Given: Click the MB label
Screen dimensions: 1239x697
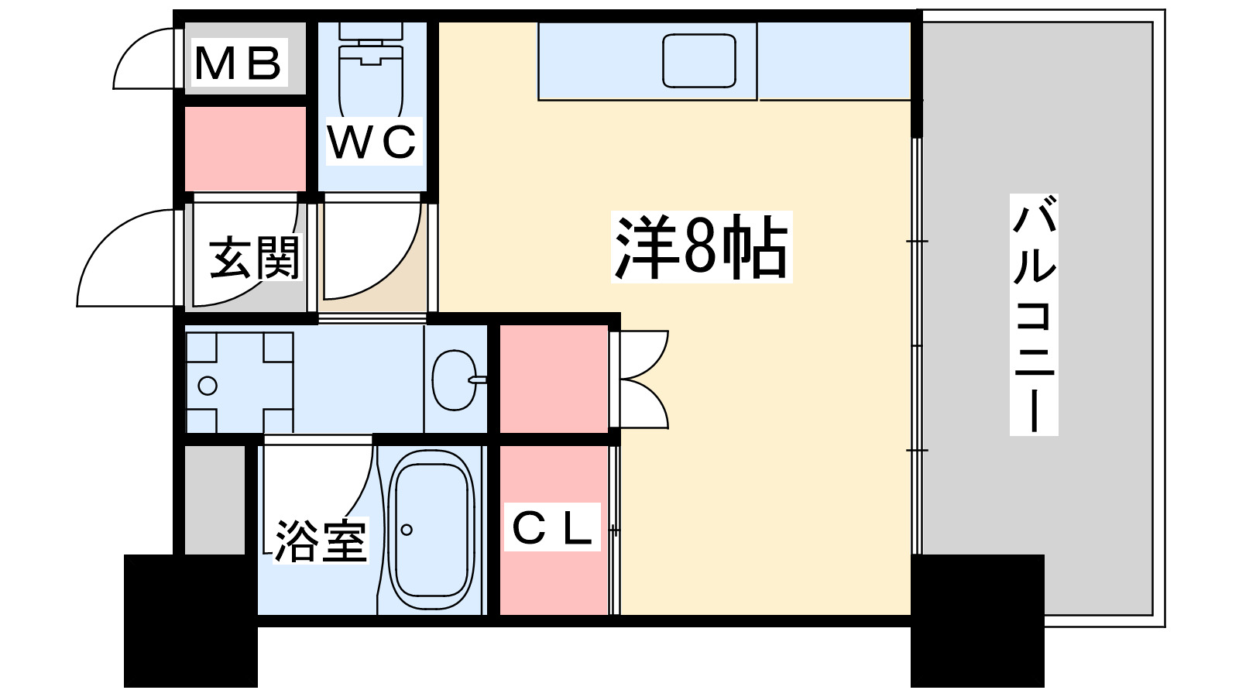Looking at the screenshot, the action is coord(238,62).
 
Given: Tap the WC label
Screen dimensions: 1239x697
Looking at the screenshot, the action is coord(373,141).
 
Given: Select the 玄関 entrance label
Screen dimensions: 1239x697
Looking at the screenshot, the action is coord(255,258).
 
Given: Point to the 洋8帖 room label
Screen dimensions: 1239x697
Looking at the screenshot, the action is coord(702,247).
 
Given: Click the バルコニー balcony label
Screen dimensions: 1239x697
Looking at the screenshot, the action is coord(1034,314).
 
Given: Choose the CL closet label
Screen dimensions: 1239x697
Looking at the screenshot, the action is coord(552,527).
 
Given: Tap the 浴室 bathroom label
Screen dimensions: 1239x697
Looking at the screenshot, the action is coord(321,541).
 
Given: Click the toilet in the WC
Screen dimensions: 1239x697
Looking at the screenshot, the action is coord(370,72).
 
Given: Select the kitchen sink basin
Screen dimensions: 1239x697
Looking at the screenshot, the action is coord(699,61).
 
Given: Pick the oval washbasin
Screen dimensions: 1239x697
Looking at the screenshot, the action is coord(454,380).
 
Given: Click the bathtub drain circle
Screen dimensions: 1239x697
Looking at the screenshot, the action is coord(407,530).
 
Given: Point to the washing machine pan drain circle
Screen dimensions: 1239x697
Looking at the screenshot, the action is coord(208,386).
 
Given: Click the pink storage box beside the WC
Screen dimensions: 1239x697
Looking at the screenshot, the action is coord(245,149).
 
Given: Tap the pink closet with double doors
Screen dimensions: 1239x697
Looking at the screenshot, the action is coord(554,379).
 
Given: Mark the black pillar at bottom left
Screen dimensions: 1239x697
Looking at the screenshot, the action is coord(190,620).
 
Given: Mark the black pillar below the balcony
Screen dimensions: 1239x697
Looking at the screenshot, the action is coord(977,620).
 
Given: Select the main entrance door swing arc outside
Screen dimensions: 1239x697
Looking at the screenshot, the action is coord(105,238).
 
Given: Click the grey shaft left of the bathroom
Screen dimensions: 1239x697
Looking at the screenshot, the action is coord(215,500).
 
